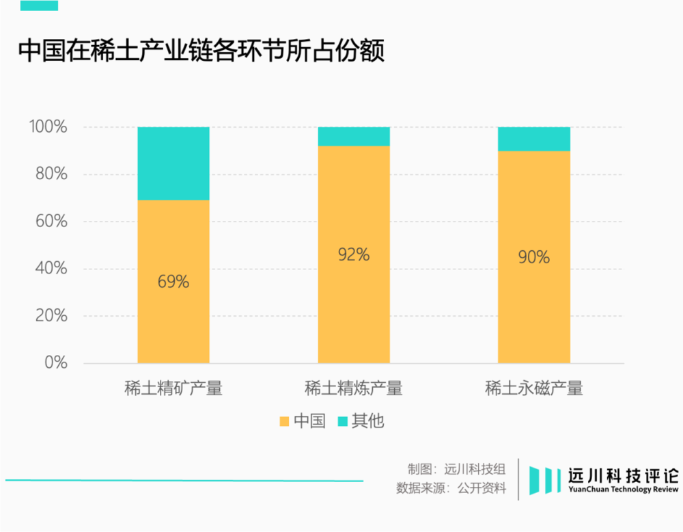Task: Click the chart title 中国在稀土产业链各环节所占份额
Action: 201,51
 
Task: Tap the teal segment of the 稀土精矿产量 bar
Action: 173,163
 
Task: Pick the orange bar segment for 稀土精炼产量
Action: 354,308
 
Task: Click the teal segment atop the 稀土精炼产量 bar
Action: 354,137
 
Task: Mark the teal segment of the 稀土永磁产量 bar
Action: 534,139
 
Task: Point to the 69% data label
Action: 173,281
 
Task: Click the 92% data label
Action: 354,254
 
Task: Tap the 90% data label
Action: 534,257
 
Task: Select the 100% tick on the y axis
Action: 48,127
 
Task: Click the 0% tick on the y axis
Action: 56,362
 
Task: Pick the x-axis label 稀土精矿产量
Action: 173,389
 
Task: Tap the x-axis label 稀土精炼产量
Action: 354,389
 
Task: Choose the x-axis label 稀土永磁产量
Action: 534,389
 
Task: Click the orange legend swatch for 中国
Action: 284,421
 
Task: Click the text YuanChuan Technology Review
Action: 624,490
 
